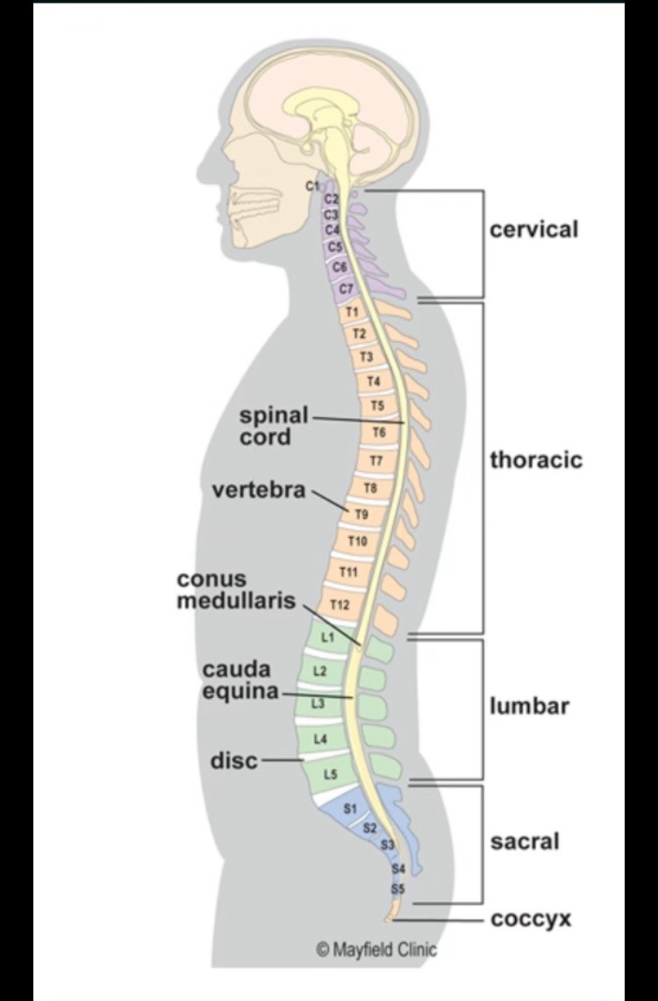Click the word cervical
pyautogui.click(x=533, y=230)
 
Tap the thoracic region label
pyautogui.click(x=535, y=460)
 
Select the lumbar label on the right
pyautogui.click(x=529, y=706)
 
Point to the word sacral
pyautogui.click(x=524, y=841)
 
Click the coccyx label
pyautogui.click(x=531, y=919)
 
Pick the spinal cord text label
pyautogui.click(x=274, y=425)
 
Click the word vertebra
pyautogui.click(x=259, y=490)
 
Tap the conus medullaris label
pyautogui.click(x=237, y=591)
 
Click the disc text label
pyautogui.click(x=234, y=760)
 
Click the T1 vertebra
pyautogui.click(x=352, y=312)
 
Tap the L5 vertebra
pyautogui.click(x=330, y=774)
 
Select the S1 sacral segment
pyautogui.click(x=349, y=808)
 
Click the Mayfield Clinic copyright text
pyautogui.click(x=376, y=949)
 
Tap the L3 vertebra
pyautogui.click(x=318, y=704)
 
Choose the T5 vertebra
pyautogui.click(x=377, y=406)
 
